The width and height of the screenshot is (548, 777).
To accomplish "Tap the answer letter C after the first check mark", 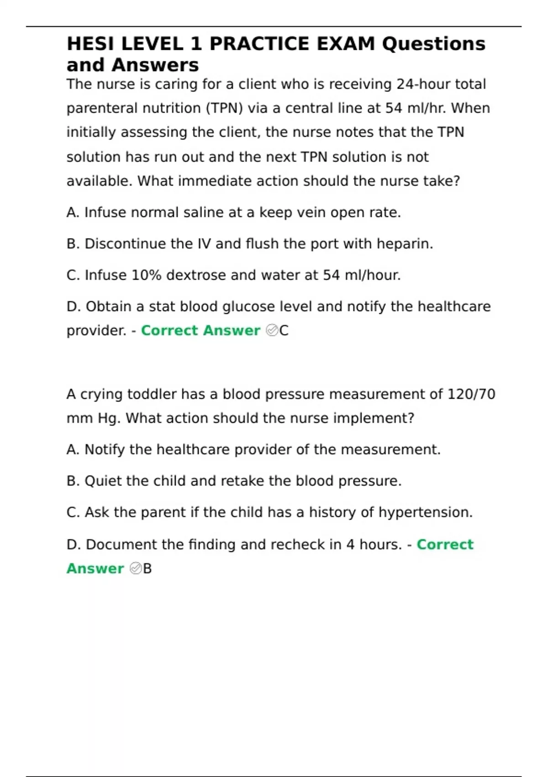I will (284, 330).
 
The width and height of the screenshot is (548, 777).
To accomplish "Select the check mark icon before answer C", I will (272, 330).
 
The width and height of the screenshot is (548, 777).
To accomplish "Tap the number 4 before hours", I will (350, 544).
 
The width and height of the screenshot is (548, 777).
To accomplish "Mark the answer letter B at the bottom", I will (147, 569).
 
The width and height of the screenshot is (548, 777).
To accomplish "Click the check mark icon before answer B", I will (136, 569).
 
